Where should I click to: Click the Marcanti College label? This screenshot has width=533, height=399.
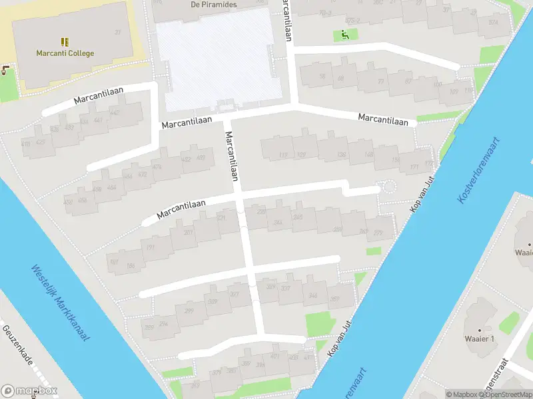pos(65,53)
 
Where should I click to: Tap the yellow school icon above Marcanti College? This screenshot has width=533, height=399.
pos(65,41)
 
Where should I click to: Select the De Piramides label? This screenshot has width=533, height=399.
pos(214,4)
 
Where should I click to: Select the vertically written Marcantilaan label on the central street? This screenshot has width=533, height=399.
pos(231,156)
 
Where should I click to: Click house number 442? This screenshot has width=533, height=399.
pos(115,114)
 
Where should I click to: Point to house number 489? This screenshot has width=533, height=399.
pos(201,158)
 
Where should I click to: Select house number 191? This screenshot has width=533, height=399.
pos(150,247)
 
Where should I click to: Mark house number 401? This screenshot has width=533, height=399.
pos(275,356)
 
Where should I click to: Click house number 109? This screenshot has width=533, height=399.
pos(454,91)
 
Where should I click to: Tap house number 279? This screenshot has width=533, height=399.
pos(378,232)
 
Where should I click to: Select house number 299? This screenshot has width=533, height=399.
pos(189,311)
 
